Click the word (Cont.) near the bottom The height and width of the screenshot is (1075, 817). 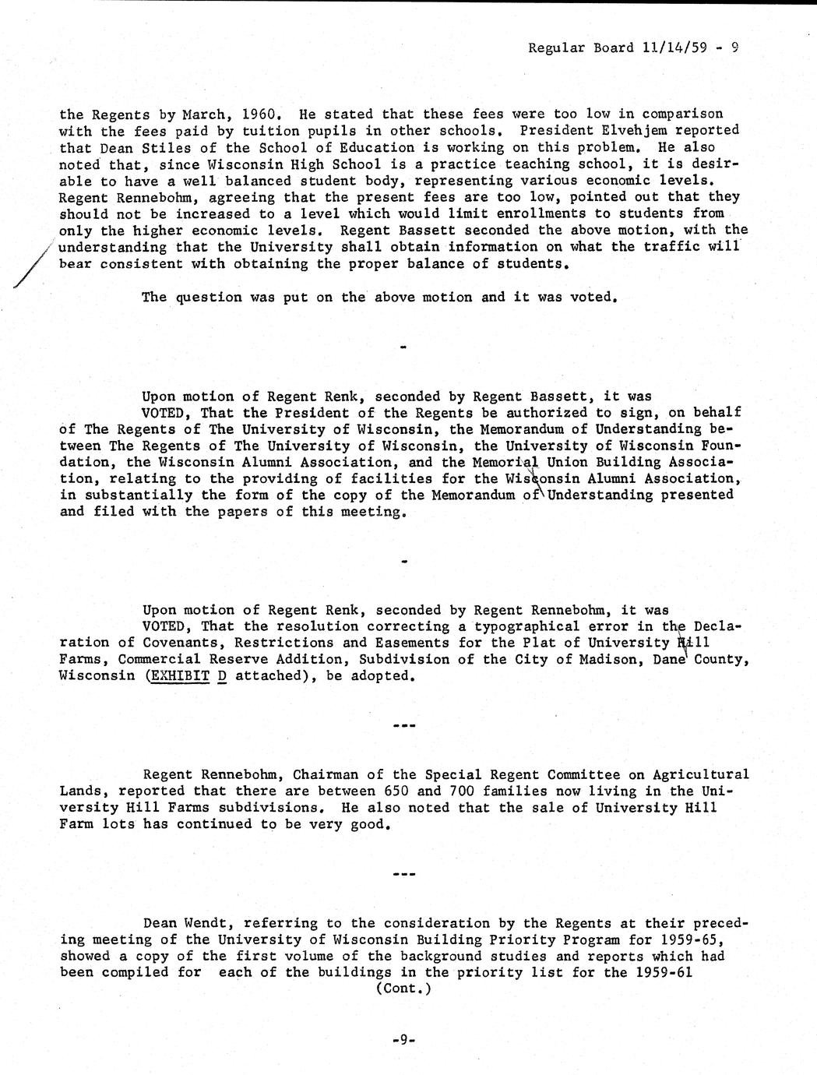click(x=403, y=989)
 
